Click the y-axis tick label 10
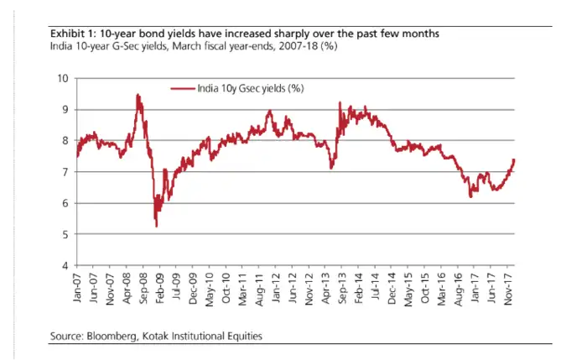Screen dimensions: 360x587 pyautogui.click(x=63, y=78)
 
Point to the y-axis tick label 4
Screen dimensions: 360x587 pyautogui.click(x=65, y=266)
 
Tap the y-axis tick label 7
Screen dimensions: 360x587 pyautogui.click(x=65, y=172)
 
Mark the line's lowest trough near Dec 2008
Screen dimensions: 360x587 pyautogui.click(x=156, y=226)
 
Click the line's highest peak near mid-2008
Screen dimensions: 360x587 pyautogui.click(x=138, y=96)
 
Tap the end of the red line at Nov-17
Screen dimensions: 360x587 pyautogui.click(x=513, y=159)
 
